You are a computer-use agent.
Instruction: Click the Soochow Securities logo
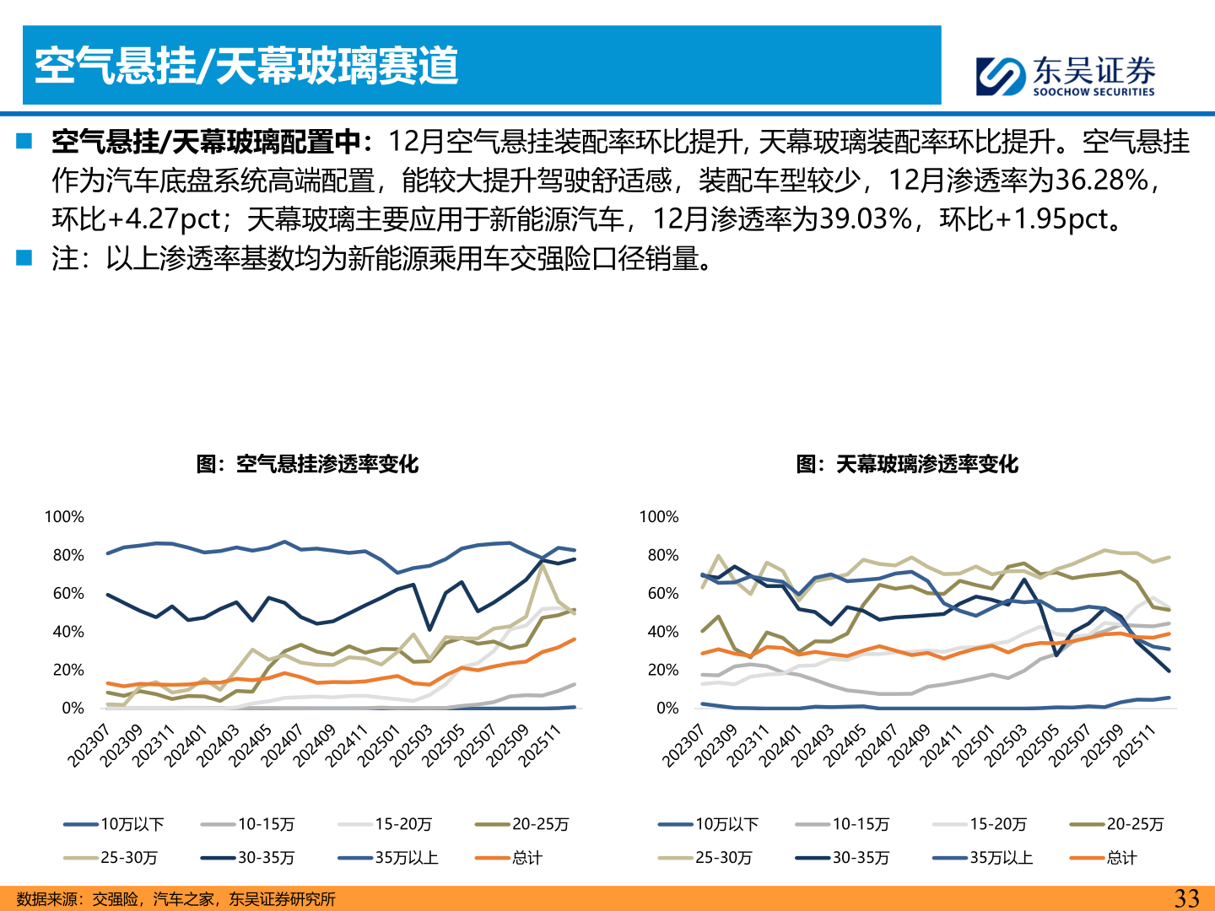(1065, 76)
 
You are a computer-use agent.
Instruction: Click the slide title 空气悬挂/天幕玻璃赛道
(246, 66)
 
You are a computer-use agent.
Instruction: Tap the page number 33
(1186, 898)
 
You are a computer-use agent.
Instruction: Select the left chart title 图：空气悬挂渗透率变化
(307, 464)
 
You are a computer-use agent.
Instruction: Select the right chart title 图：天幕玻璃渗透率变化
(907, 464)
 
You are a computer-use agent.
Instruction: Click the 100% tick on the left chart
(64, 517)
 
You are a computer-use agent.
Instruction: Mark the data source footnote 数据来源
(175, 899)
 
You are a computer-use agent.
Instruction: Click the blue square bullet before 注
(24, 257)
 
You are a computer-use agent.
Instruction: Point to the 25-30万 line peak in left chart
(543, 565)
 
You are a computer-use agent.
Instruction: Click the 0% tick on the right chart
(667, 709)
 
